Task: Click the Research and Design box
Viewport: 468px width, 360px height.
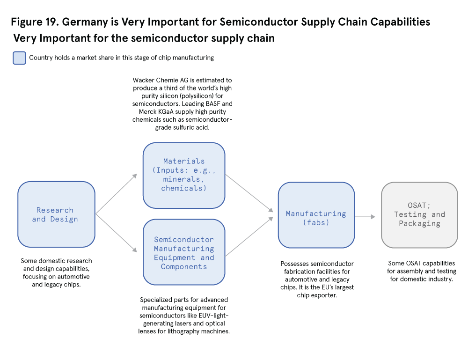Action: [x=56, y=214]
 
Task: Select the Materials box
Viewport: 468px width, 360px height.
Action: [x=184, y=175]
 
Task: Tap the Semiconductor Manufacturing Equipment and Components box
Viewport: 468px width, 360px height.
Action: [x=184, y=252]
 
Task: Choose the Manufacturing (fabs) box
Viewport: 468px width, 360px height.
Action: [x=316, y=215]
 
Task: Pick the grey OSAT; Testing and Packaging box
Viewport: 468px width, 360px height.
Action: [x=419, y=215]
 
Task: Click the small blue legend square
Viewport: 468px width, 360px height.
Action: [x=19, y=58]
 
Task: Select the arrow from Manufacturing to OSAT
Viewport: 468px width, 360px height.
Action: [x=365, y=217]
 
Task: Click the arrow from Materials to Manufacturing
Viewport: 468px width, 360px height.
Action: [x=249, y=193]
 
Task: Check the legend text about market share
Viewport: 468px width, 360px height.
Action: [x=121, y=58]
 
